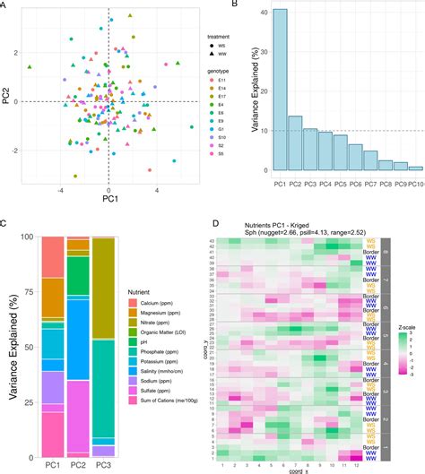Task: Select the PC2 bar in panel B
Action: tap(295, 143)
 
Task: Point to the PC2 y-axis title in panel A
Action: tap(7, 93)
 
